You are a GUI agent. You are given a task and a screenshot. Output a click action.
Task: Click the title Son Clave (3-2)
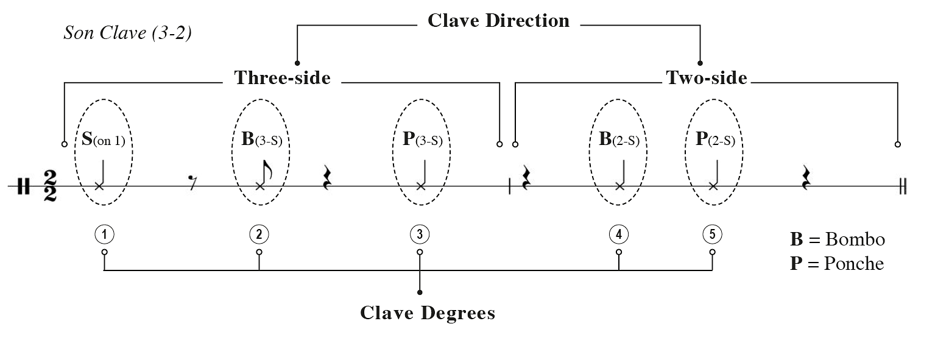(x=128, y=33)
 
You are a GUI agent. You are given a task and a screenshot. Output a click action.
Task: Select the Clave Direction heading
(x=498, y=21)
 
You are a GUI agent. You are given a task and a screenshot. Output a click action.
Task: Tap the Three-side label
(x=283, y=78)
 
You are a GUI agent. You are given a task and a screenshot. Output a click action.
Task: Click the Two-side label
(x=707, y=78)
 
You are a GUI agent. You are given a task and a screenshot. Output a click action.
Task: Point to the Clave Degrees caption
(x=428, y=313)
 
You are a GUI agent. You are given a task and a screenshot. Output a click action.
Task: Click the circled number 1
(x=104, y=234)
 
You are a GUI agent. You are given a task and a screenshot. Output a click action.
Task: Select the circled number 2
(x=259, y=234)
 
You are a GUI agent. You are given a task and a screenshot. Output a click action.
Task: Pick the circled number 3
(x=420, y=234)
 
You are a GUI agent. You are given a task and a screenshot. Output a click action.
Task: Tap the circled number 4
(x=619, y=234)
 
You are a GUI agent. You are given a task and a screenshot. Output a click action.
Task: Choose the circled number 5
(x=712, y=234)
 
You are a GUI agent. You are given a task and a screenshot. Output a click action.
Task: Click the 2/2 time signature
(x=50, y=186)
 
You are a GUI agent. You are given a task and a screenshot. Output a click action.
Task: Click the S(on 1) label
(x=104, y=139)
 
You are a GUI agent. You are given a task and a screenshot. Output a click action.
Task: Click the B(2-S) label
(x=619, y=139)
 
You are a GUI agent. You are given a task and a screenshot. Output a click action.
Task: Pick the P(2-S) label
(x=715, y=139)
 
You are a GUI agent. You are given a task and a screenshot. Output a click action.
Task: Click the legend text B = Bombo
(x=837, y=239)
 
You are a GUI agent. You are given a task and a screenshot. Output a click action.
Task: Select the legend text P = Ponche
(x=836, y=264)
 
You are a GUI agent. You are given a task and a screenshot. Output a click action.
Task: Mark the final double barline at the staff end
(x=903, y=186)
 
